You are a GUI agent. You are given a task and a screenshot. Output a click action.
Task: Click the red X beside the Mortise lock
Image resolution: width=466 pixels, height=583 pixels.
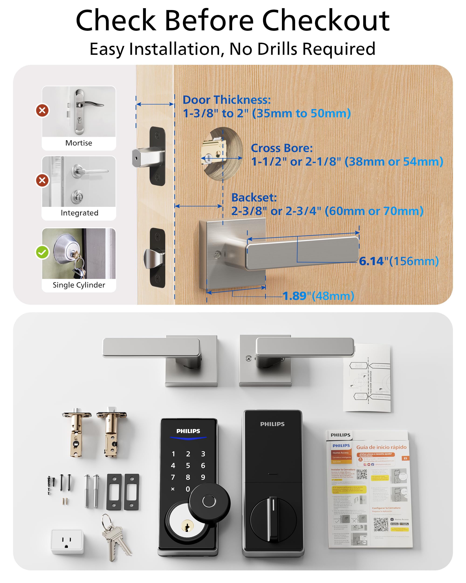tap(42, 110)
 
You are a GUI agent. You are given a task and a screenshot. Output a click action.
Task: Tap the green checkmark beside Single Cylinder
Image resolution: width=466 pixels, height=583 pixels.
tap(42, 252)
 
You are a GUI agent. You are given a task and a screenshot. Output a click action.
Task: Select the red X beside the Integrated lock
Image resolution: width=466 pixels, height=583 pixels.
tap(42, 180)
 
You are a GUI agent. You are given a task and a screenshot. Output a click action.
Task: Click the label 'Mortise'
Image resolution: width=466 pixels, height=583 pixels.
tap(79, 143)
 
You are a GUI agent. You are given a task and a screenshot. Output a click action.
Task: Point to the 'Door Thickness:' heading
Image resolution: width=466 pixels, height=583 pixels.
tap(227, 100)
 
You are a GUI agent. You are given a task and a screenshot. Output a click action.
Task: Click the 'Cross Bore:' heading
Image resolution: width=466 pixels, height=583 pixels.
tap(282, 148)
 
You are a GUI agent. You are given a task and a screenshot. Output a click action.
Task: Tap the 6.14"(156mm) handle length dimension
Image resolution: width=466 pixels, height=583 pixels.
tap(399, 261)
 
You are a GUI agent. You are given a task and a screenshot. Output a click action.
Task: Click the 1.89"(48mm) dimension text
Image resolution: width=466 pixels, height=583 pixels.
tap(318, 296)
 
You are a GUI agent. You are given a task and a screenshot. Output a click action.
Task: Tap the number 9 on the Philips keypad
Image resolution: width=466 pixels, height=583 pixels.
tap(203, 477)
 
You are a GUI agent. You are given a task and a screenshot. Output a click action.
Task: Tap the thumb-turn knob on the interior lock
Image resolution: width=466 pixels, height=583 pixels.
tap(273, 520)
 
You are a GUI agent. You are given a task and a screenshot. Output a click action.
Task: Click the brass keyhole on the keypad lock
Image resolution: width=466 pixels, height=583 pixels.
tap(187, 526)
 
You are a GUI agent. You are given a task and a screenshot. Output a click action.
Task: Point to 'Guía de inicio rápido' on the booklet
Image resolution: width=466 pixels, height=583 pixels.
tap(381, 447)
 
